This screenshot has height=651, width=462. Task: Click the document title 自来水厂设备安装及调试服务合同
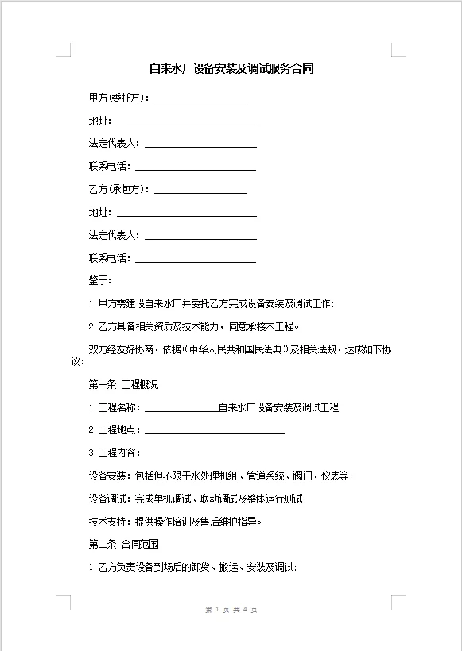[231, 69]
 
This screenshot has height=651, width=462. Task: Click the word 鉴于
[100, 280]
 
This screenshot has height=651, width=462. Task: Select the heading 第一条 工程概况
[123, 385]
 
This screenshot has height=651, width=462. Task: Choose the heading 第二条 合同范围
[123, 545]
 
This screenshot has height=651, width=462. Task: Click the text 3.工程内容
[115, 453]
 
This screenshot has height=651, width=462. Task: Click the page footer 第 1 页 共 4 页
[231, 609]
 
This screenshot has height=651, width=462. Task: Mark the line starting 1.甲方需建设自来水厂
[211, 303]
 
